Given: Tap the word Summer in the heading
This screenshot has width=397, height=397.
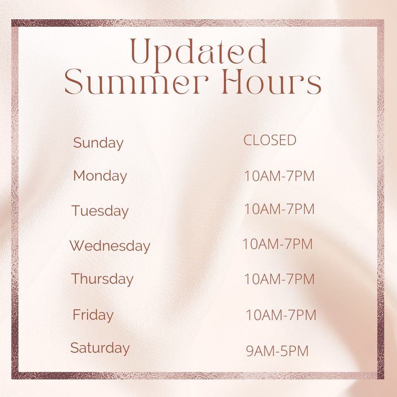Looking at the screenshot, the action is [137, 82].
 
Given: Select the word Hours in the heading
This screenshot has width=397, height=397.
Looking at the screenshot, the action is [271, 82].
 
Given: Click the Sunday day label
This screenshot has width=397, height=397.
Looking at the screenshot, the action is [98, 143].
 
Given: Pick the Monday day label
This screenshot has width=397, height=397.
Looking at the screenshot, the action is [100, 176].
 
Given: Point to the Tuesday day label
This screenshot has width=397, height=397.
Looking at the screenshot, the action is [100, 211].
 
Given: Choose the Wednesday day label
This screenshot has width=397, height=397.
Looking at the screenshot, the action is [110, 246].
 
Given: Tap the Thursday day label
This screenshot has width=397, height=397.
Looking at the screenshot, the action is [102, 279].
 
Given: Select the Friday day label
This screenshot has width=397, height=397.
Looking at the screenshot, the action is [93, 315].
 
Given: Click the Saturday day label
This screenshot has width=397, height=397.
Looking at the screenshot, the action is [100, 348].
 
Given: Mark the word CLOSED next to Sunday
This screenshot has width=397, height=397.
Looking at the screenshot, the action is [270, 140].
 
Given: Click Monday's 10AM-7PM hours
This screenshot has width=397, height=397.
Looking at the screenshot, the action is [279, 176].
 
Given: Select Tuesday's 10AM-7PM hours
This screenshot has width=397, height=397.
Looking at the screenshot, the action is [279, 209].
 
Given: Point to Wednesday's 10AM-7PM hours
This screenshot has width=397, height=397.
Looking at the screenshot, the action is [277, 244].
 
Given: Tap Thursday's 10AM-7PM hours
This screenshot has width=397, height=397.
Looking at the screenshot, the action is [279, 279].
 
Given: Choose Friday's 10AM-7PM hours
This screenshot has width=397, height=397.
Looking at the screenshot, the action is [281, 315].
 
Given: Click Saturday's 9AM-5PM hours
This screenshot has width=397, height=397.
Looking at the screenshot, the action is [277, 351].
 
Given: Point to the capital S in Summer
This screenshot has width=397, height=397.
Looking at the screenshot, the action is [74, 82].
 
